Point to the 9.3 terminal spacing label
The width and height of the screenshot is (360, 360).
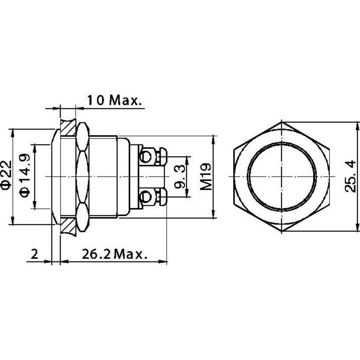click(180, 177)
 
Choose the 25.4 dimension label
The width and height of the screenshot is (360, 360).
click(350, 177)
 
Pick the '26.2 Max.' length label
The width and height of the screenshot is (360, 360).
click(114, 254)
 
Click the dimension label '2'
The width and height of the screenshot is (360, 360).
click(34, 254)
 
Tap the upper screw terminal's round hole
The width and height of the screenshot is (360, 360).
click(146, 157)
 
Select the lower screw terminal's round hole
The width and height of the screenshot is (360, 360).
click(146, 197)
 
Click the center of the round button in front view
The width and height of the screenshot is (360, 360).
click(282, 177)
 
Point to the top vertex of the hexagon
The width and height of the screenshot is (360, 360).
click(282, 122)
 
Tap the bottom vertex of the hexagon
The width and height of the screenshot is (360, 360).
click(282, 231)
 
